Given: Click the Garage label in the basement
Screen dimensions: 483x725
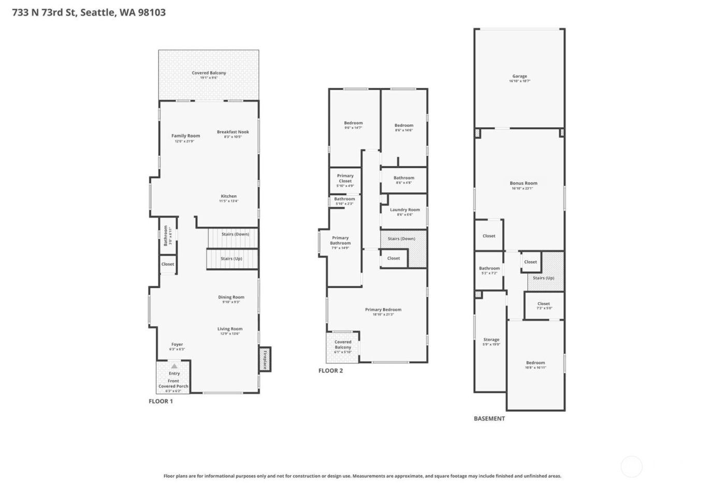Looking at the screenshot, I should [x=519, y=77].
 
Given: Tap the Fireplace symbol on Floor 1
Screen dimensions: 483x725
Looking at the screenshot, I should [x=265, y=359].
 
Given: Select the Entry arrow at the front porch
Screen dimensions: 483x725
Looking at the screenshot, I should [x=174, y=366].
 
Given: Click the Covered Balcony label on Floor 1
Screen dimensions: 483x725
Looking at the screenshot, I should [x=209, y=73].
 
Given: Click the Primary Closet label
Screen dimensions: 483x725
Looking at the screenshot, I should [x=345, y=178].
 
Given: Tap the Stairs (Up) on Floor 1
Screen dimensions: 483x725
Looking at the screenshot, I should [x=231, y=259].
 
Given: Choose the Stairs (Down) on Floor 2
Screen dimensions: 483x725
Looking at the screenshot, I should [x=401, y=239].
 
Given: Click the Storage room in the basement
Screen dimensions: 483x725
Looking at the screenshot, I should [x=491, y=340].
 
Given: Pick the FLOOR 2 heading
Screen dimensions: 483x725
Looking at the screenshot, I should [x=330, y=371].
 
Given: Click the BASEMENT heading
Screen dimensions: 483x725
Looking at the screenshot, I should [x=489, y=418].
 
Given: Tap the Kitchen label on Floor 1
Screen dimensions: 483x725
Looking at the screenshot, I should [x=228, y=196].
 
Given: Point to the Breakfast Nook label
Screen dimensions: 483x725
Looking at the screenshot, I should [x=233, y=132].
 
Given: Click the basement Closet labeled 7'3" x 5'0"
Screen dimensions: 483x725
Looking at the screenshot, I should [x=543, y=305].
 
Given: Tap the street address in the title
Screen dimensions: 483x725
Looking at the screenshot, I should [x=89, y=12].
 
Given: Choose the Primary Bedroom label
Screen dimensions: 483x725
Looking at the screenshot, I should [x=383, y=310].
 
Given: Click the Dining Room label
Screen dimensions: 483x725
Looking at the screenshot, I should [x=231, y=297].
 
